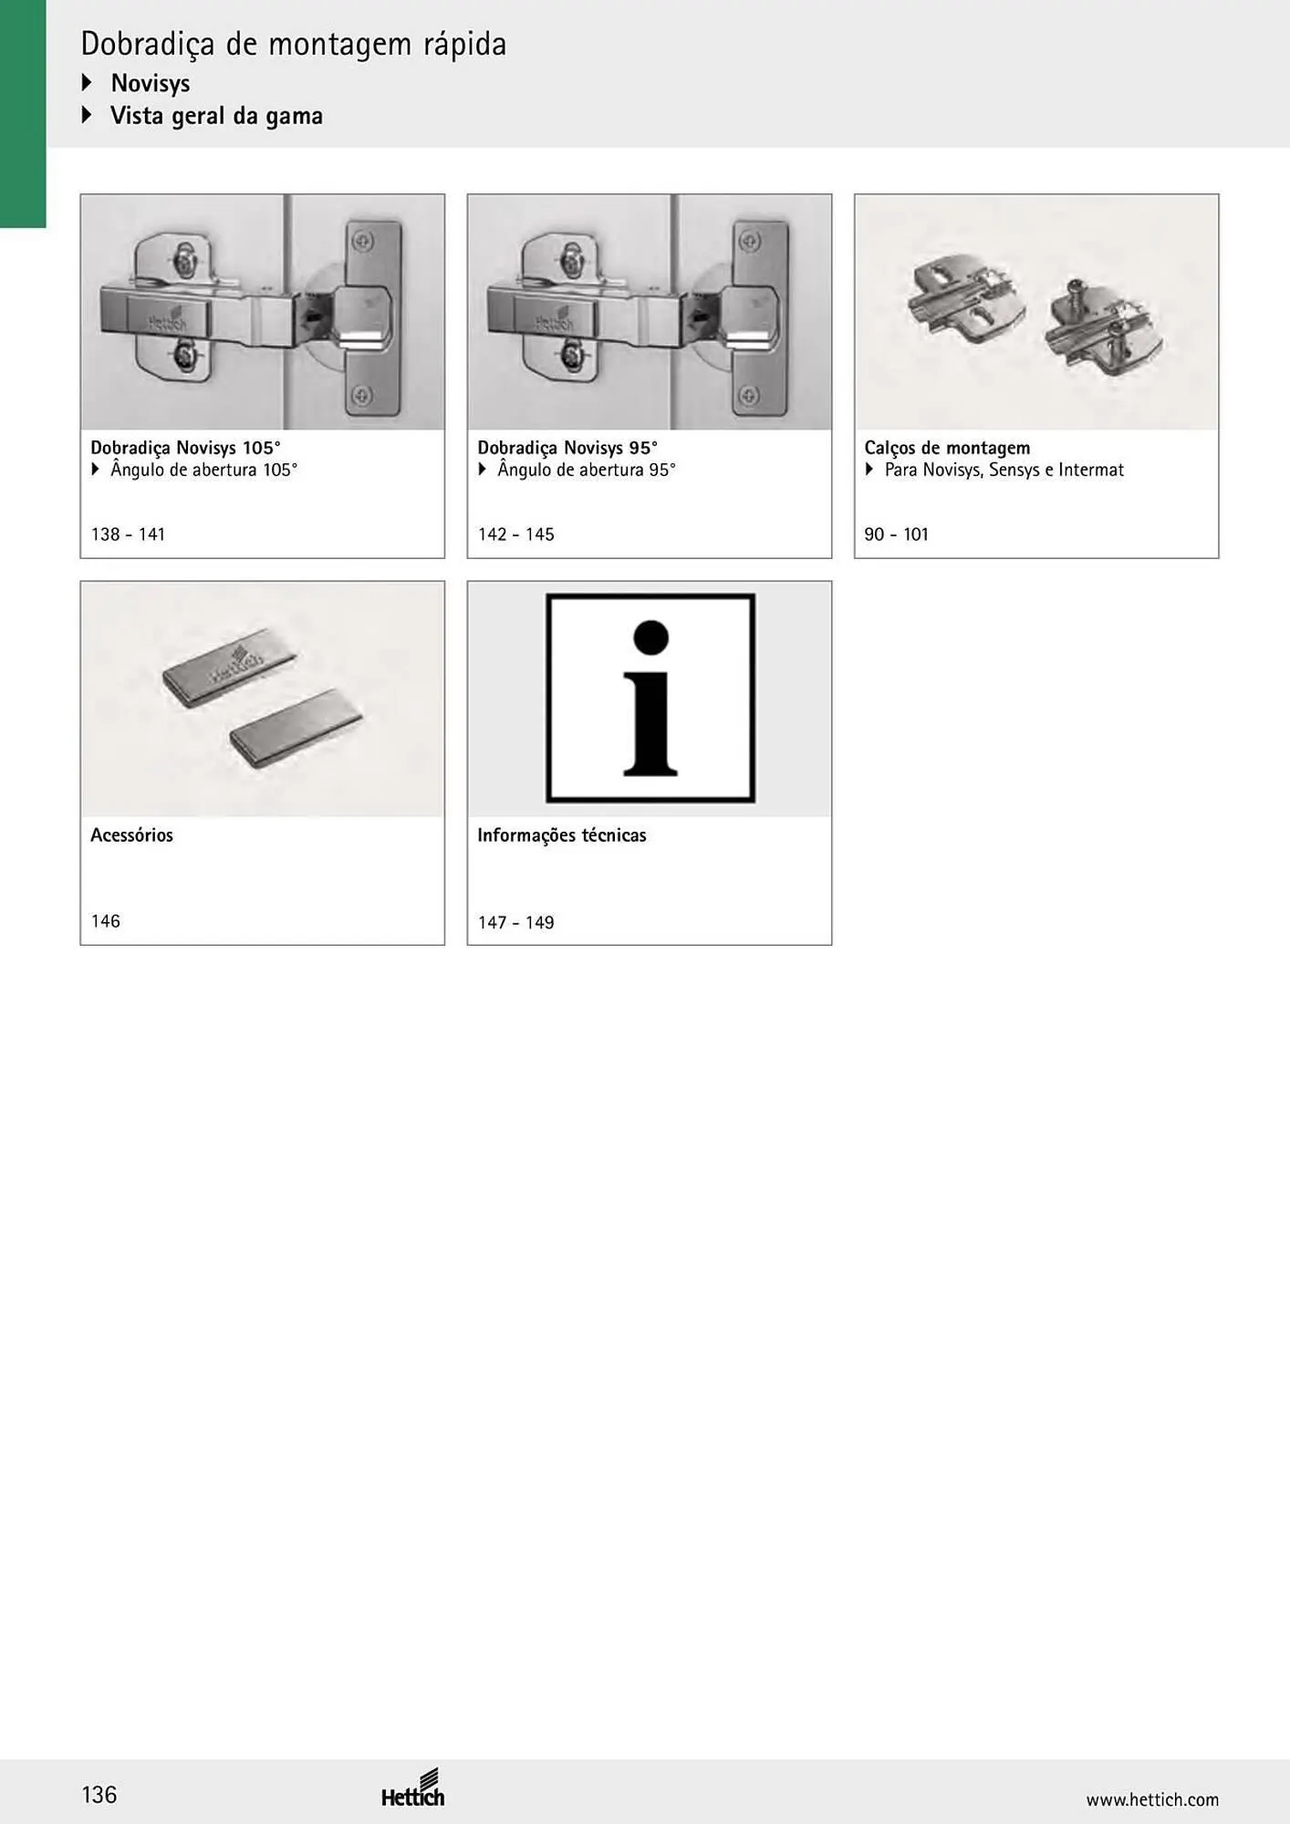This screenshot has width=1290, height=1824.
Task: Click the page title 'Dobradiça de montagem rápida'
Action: pyautogui.click(x=294, y=44)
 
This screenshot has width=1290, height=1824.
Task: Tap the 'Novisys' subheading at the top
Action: pyautogui.click(x=151, y=83)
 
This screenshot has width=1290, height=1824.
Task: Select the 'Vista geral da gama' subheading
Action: pyautogui.click(x=216, y=116)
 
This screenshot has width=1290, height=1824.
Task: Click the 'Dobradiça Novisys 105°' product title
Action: pyautogui.click(x=185, y=448)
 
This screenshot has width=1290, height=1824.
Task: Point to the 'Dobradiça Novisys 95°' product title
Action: pyautogui.click(x=567, y=448)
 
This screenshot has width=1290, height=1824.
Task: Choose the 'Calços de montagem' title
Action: pyautogui.click(x=947, y=448)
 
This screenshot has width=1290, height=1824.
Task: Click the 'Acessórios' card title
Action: pyautogui.click(x=131, y=834)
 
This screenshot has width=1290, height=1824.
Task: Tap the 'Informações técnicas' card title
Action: pyautogui.click(x=562, y=834)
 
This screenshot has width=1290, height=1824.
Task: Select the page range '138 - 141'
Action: pyautogui.click(x=128, y=534)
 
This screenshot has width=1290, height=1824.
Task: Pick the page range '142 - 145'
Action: pyautogui.click(x=515, y=534)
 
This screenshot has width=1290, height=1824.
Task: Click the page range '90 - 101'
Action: pyautogui.click(x=896, y=534)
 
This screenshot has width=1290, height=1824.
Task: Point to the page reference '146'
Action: pyautogui.click(x=106, y=921)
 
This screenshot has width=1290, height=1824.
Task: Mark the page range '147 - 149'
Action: pyautogui.click(x=515, y=922)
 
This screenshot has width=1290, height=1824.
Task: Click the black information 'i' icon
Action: pyautogui.click(x=650, y=699)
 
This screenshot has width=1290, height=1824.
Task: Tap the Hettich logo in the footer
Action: pyautogui.click(x=413, y=1788)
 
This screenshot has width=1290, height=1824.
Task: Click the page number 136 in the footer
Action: pyautogui.click(x=99, y=1795)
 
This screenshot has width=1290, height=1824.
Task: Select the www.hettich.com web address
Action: pyautogui.click(x=1152, y=1799)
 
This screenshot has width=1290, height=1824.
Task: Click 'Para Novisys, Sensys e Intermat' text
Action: pyautogui.click(x=1004, y=471)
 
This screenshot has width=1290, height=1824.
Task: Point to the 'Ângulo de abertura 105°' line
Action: pyautogui.click(x=204, y=471)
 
